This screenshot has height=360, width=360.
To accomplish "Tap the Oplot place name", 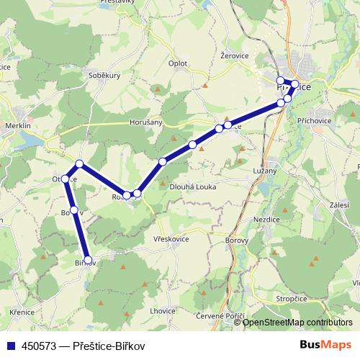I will [177, 63].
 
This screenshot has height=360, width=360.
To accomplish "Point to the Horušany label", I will [146, 123].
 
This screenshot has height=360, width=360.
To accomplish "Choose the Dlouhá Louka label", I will [192, 186].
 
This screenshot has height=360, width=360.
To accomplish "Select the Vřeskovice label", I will [171, 238].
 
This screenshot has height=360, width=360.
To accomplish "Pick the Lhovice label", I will [162, 310].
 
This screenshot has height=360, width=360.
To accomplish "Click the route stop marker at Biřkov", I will [88, 260].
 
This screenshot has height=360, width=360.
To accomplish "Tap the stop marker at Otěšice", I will [66, 179].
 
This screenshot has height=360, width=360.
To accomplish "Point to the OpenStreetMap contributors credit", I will [298, 323].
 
